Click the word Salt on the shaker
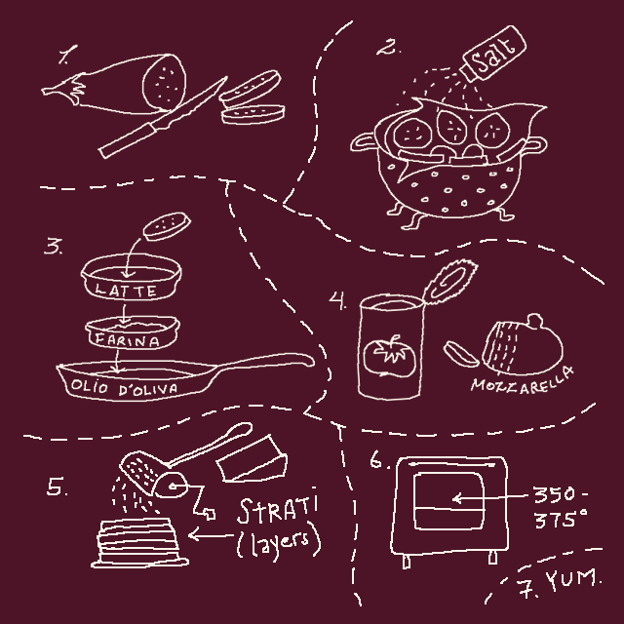click(492, 56)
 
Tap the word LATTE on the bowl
click(126, 291)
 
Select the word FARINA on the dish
click(127, 340)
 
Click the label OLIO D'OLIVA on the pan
click(124, 388)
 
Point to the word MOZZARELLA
click(523, 381)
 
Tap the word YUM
click(572, 579)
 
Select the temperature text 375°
click(561, 519)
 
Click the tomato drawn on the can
click(390, 355)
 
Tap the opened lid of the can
click(449, 282)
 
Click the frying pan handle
click(264, 362)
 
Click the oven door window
click(448, 500)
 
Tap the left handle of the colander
click(363, 142)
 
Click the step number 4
click(337, 300)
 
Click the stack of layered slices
click(139, 542)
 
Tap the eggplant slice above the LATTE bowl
click(167, 226)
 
